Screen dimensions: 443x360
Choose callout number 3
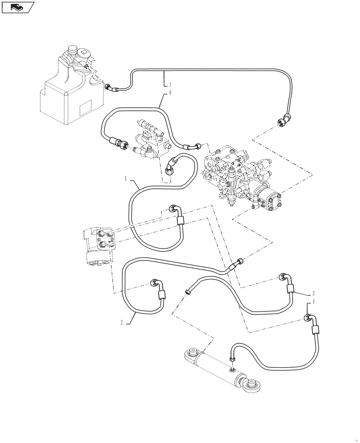tap(313, 293)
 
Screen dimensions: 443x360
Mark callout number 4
tap(313, 302)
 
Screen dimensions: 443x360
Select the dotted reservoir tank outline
tap(67, 93)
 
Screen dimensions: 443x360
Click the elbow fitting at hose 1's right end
tap(284, 120)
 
